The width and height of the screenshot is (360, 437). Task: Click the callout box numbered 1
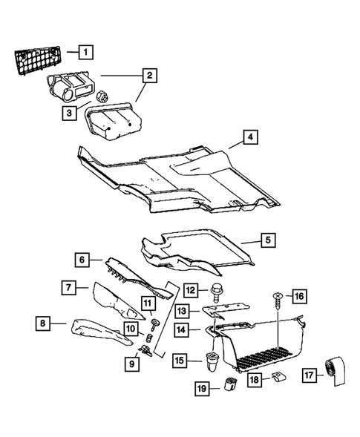tap(87, 52)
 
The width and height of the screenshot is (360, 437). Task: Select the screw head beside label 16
tap(278, 295)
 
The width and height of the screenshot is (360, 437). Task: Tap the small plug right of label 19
tap(229, 384)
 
